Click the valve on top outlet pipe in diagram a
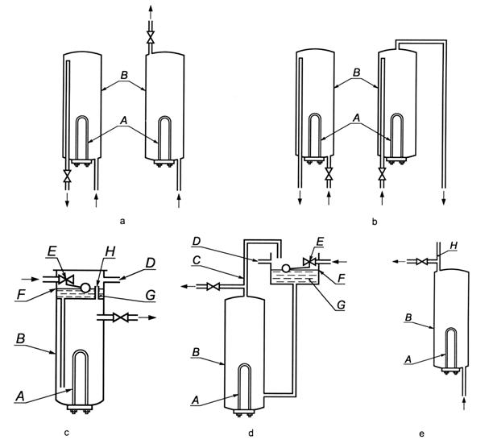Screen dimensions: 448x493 point(148,36)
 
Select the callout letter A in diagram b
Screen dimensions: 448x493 point(357,117)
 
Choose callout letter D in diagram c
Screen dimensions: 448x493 point(150,263)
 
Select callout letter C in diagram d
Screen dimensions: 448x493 point(197,259)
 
